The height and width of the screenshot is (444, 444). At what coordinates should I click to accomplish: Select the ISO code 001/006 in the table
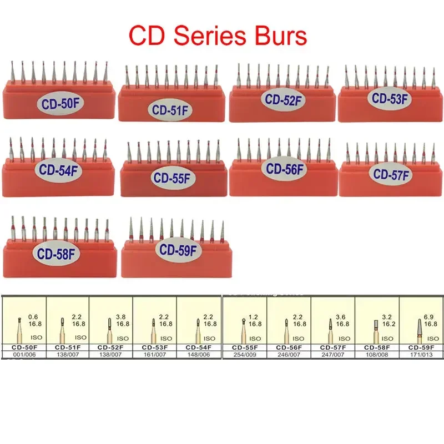pos(23,354)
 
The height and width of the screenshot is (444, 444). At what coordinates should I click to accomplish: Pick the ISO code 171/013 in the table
pos(420,354)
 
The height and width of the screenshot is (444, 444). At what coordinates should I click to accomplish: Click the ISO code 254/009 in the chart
pos(244,354)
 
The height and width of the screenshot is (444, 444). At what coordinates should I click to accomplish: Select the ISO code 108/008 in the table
pos(376,354)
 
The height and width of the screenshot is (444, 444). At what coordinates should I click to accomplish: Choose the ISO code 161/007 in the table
pos(154,354)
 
